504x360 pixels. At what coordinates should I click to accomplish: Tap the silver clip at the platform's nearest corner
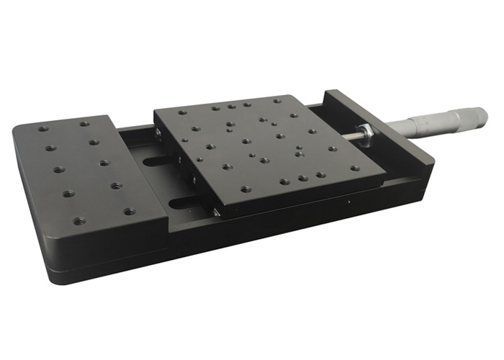click(216, 212)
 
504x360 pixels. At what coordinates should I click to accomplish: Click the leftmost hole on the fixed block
click(42, 130)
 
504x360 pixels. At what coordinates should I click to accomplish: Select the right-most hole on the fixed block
click(130, 212)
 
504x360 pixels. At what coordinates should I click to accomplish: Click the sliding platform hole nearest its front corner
click(246, 190)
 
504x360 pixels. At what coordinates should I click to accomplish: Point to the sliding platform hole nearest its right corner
click(355, 168)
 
